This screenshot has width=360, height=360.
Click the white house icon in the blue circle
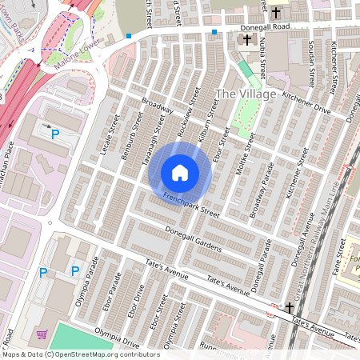point(180,173)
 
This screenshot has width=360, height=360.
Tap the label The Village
point(246,94)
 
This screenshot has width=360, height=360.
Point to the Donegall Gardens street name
point(192,239)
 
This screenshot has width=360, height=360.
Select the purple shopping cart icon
point(42,334)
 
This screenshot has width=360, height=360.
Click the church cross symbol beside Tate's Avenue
point(290,308)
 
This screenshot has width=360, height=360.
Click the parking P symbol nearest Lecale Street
point(55,135)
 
